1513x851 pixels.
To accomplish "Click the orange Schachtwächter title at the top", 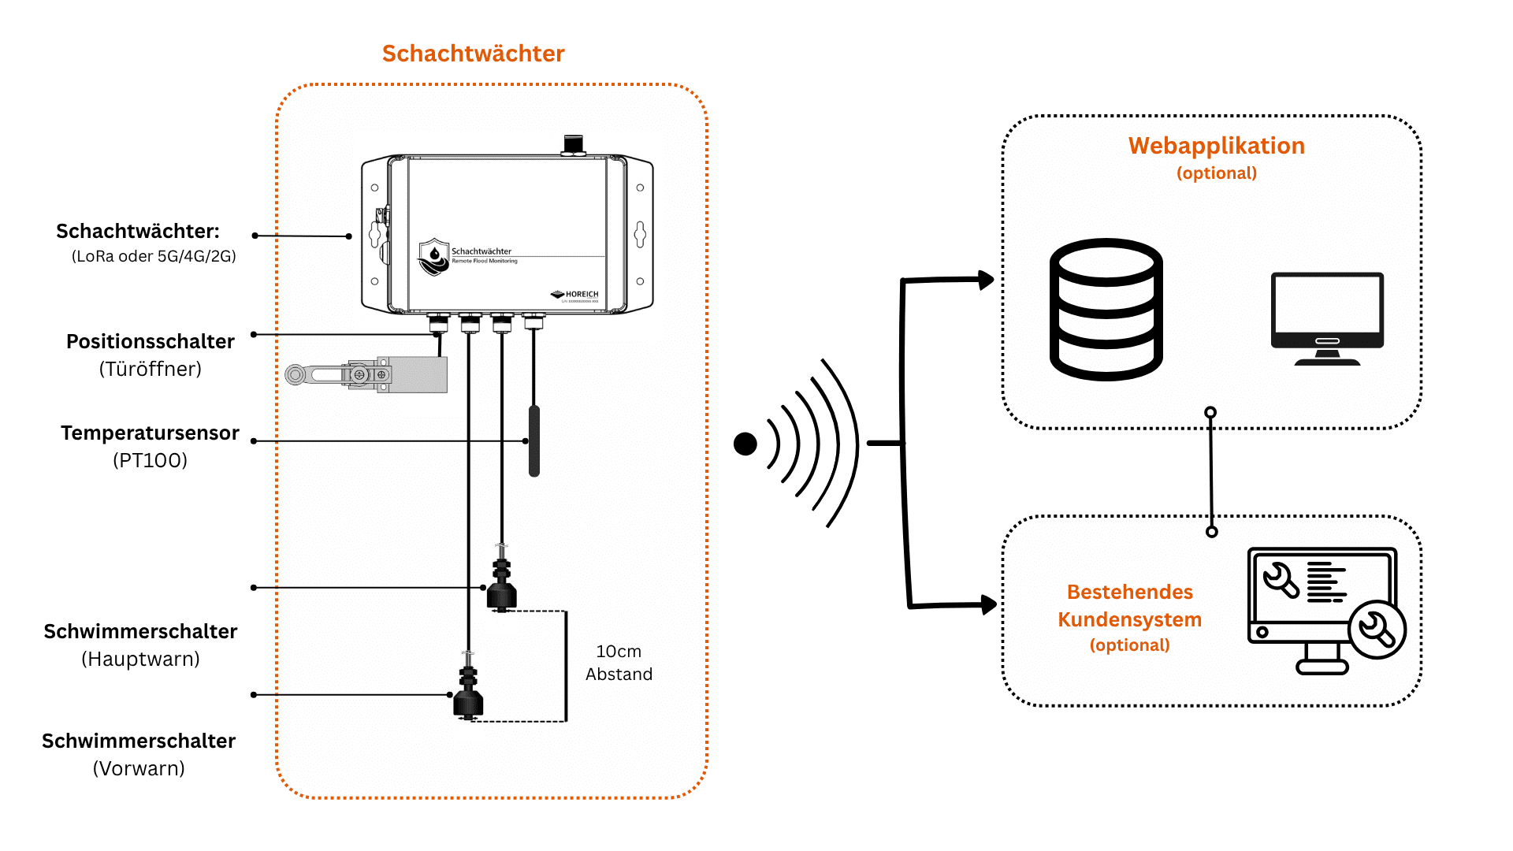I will [473, 54].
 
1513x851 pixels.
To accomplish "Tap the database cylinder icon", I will [1106, 310].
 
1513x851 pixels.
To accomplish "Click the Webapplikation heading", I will [1216, 147].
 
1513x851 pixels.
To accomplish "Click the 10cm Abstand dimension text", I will [619, 663].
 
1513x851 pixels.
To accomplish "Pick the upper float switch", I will [501, 585].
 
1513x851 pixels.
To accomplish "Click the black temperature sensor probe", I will [534, 440].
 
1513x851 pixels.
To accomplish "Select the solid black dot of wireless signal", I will [745, 444].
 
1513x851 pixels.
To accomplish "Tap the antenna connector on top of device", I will [574, 145].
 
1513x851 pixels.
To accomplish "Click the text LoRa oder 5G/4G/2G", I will [154, 256].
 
